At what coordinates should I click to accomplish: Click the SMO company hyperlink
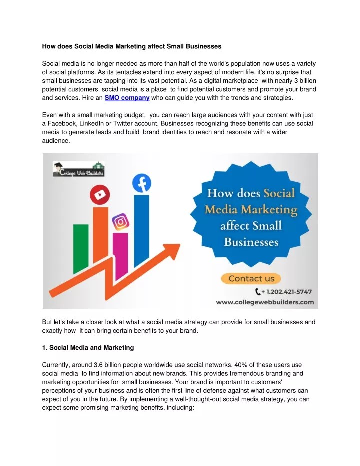point(127,98)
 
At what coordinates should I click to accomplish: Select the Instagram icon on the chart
point(120,221)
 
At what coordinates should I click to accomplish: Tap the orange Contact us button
point(251,278)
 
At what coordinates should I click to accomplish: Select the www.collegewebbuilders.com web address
point(264,302)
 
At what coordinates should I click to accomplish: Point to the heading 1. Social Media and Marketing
point(88,347)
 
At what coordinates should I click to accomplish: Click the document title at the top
point(132,46)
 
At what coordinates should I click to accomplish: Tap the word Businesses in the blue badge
point(250,243)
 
